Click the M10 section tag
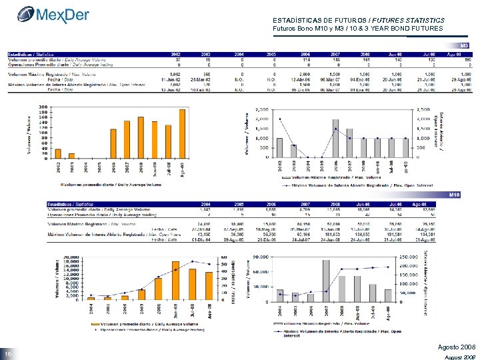coord(455,194)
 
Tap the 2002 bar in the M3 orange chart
coord(58,154)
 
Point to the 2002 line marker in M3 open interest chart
coord(279,119)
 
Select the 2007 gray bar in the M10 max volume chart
coord(327,280)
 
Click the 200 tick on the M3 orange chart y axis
coord(43,106)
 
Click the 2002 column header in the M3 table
coord(176,53)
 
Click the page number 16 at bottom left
coord(9,353)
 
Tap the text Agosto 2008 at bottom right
coord(456,347)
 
